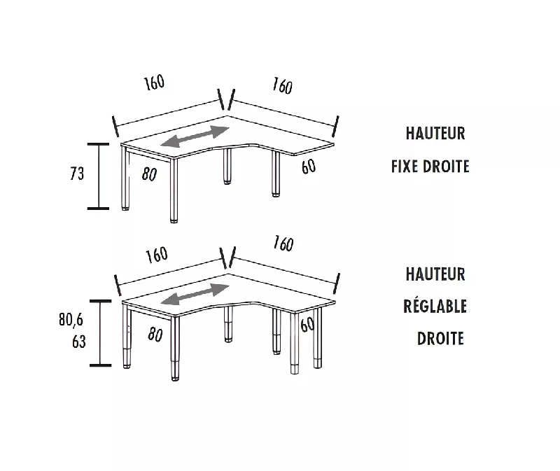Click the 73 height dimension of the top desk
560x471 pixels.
77,173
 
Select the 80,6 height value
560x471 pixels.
71,321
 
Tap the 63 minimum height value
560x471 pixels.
78,342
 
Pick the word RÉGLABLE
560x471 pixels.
435,306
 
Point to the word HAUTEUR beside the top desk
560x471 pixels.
435,133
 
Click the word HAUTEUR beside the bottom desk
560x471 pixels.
435,274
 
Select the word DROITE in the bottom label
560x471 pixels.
440,339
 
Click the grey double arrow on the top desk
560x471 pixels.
195,136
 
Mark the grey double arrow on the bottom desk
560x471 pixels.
195,294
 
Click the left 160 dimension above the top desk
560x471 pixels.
155,83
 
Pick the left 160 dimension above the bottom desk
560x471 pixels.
157,254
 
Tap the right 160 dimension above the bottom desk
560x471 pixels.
282,244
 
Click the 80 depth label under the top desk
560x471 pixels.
149,174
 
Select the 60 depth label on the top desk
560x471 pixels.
308,167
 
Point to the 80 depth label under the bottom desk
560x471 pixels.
155,335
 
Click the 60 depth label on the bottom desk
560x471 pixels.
307,325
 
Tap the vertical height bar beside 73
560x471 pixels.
99,176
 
